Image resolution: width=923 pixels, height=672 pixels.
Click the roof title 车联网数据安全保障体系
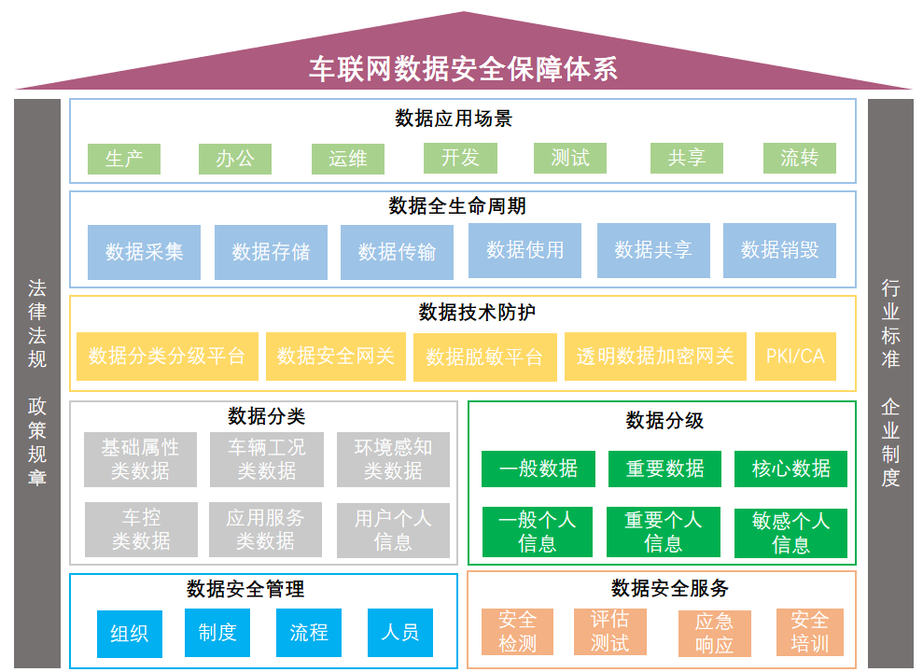point(463,69)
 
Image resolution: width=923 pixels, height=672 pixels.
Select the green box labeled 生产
point(124,159)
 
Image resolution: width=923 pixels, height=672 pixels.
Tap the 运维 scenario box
point(348,159)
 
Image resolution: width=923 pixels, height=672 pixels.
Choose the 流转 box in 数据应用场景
point(799,159)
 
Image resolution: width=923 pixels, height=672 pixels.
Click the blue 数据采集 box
point(144,252)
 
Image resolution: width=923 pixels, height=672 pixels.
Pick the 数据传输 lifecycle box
point(397,252)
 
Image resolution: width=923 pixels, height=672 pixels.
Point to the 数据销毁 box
point(779,250)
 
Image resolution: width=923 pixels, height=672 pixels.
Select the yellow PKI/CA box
point(795,356)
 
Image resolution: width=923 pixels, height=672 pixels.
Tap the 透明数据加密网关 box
point(655,357)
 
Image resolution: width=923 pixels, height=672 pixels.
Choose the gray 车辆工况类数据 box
point(266,459)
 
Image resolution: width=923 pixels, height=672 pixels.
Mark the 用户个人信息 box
point(393,530)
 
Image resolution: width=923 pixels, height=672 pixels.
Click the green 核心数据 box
point(790,469)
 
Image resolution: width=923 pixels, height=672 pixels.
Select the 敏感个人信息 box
point(790,533)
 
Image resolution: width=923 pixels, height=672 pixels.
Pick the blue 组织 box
point(129,634)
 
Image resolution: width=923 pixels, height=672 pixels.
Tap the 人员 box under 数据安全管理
point(399,633)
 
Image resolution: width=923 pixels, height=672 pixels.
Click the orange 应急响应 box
point(714,633)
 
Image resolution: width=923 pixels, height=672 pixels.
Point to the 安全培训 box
point(809,632)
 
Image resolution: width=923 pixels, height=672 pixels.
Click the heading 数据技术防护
point(463,312)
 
